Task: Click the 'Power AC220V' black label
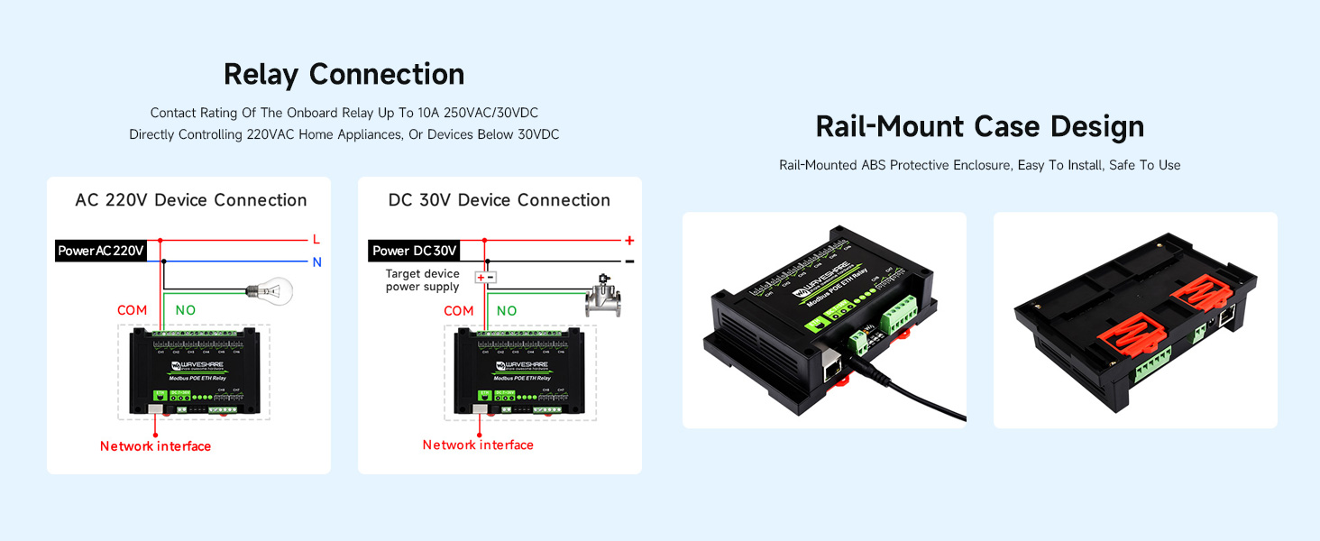(x=100, y=251)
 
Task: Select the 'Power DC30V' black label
(x=415, y=251)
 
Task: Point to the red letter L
(x=316, y=240)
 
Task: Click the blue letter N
(x=316, y=262)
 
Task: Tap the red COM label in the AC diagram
(x=132, y=310)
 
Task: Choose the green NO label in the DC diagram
(x=507, y=310)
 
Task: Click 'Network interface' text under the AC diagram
(x=155, y=446)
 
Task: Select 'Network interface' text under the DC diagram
(x=478, y=445)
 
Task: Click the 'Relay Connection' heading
(x=344, y=74)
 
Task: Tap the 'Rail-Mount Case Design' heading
(x=979, y=126)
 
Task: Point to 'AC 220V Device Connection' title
(x=191, y=200)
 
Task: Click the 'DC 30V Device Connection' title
(x=500, y=200)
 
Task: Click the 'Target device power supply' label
(x=422, y=280)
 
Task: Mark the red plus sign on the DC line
(x=629, y=241)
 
